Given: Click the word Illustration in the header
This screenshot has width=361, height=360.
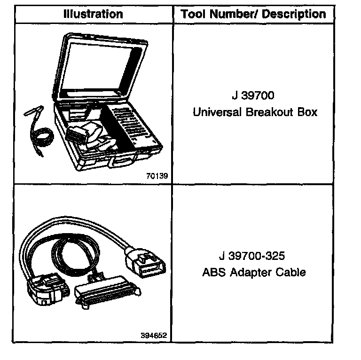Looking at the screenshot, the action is coord(93,14).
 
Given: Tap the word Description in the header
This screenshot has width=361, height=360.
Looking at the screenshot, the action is coord(294,14).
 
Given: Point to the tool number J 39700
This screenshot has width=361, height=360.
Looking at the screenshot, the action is coord(253,95).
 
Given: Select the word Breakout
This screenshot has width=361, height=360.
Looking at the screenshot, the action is coord(267,112).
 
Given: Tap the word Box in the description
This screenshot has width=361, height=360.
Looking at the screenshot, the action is coord(305,112).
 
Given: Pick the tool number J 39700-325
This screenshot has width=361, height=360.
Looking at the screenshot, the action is coord(252,256).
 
